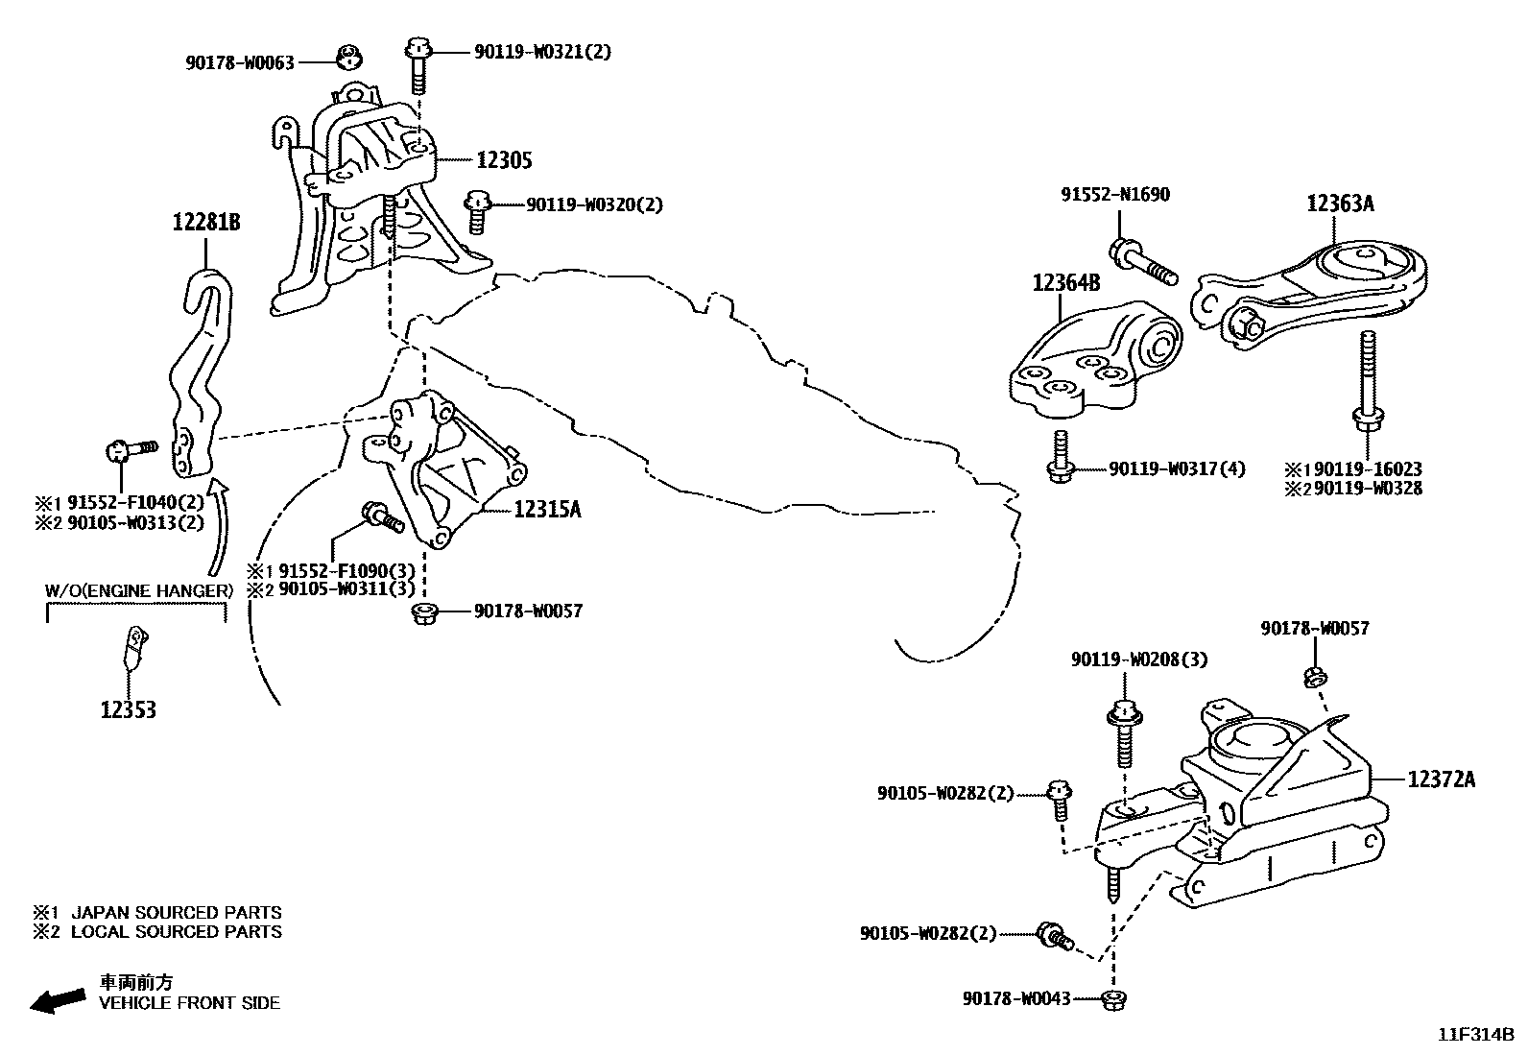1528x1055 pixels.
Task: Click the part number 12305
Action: click(504, 160)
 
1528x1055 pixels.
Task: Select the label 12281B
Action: click(206, 223)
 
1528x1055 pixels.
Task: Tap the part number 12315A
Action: click(547, 509)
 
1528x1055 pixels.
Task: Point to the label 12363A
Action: click(1340, 204)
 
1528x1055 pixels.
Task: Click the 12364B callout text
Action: click(1066, 283)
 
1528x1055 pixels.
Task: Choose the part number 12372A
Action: click(1442, 779)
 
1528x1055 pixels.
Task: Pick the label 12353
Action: click(128, 710)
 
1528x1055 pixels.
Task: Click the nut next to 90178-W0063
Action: click(350, 60)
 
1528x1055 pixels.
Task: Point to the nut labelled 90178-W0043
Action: click(1113, 999)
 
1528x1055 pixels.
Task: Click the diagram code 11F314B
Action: click(1475, 1035)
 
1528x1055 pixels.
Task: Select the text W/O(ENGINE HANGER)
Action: click(139, 590)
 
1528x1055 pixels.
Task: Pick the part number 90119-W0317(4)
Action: click(1177, 469)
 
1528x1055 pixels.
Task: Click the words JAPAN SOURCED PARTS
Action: click(177, 913)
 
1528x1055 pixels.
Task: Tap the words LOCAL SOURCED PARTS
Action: click(177, 931)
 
